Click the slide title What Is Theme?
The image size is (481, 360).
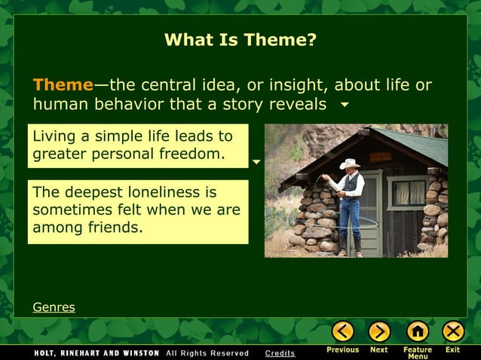coord(240,40)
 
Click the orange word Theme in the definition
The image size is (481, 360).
coord(63,84)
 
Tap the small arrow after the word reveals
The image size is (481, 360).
coord(345,105)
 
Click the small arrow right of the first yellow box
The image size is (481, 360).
coord(256,162)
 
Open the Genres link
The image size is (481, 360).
coord(54,307)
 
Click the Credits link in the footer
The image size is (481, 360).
coord(280,353)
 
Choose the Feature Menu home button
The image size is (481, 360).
coord(417,331)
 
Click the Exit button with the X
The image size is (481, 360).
coord(452,331)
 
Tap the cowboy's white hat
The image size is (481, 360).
coord(350,163)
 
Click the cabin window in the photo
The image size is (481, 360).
coord(408,193)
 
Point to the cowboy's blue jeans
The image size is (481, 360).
coord(349,218)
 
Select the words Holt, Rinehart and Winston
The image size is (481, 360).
coord(97,353)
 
